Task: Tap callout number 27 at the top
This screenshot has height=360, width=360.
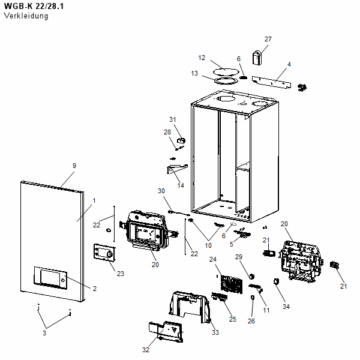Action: tap(268, 40)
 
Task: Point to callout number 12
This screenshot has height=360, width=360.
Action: tap(202, 58)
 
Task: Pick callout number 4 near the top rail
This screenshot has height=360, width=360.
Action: tap(289, 64)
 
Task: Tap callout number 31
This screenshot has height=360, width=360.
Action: tap(172, 119)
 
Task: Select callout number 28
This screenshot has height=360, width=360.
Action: tap(167, 131)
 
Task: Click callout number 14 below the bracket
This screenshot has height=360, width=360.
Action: tap(181, 185)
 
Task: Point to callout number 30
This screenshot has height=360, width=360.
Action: tap(161, 191)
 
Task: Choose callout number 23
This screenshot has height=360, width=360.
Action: tap(121, 274)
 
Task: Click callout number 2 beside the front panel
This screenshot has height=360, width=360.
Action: tap(94, 289)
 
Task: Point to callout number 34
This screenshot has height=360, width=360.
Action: tap(286, 307)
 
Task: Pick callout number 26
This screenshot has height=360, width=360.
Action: tap(251, 321)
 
